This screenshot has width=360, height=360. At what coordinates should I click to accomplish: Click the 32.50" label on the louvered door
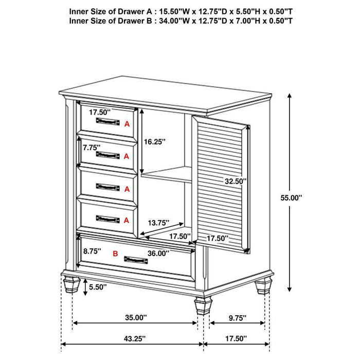tap(236, 181)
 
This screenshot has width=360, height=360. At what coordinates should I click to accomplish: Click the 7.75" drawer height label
tap(91, 147)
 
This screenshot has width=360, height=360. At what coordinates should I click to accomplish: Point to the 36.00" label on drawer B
tap(158, 253)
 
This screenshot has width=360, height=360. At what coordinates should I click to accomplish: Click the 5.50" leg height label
tap(98, 286)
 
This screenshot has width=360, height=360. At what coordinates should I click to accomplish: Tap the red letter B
tap(115, 253)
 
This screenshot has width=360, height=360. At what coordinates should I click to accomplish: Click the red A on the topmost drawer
tap(127, 124)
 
